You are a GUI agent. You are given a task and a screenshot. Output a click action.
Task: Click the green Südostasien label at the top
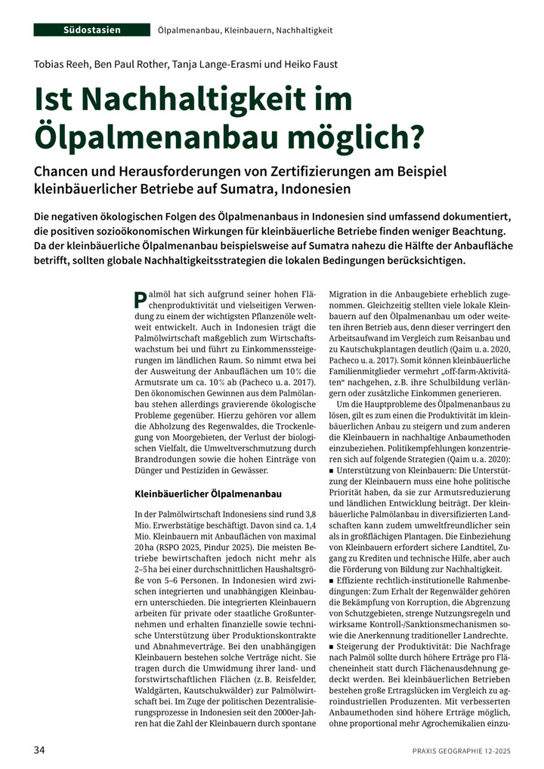tap(91, 29)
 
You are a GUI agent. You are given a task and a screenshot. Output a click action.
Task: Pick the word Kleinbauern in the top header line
tap(245, 30)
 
